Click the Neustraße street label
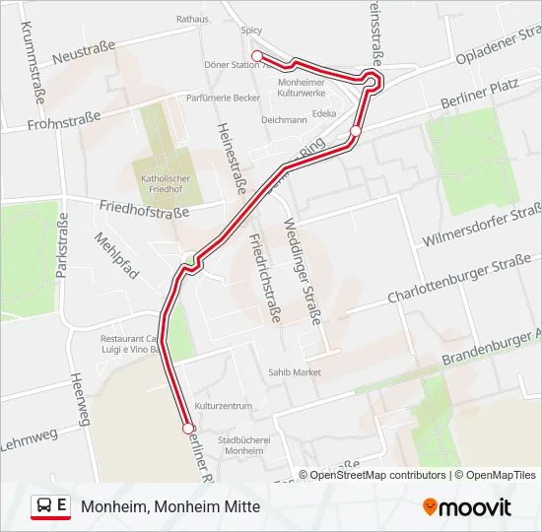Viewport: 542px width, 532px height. point(85,58)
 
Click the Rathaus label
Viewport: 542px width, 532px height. point(192,18)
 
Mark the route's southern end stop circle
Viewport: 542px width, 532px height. point(187,428)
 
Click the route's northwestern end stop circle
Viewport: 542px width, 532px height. point(256,55)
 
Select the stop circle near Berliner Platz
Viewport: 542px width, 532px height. point(356,131)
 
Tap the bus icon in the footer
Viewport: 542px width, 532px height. point(45,506)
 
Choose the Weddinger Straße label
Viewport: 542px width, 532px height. point(303,271)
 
